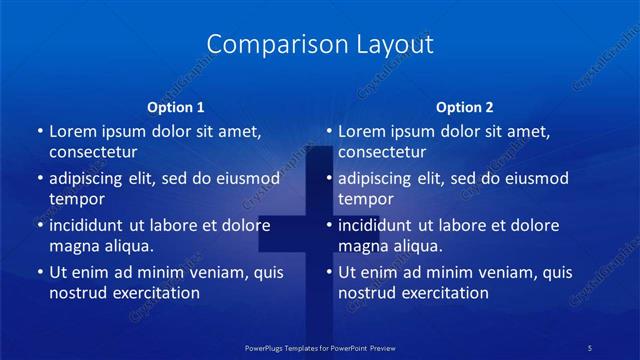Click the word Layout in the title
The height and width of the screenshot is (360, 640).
[393, 45]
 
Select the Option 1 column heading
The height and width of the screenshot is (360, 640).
[176, 107]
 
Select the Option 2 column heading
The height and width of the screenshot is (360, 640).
[465, 107]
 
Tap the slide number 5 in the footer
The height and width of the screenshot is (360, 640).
[591, 347]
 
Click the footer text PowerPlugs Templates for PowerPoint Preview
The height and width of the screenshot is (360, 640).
[320, 347]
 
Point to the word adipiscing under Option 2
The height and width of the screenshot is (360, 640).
[377, 179]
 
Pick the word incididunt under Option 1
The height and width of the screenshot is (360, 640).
[88, 226]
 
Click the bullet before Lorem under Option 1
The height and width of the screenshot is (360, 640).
[39, 132]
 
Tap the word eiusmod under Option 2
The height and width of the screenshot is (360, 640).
[534, 179]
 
